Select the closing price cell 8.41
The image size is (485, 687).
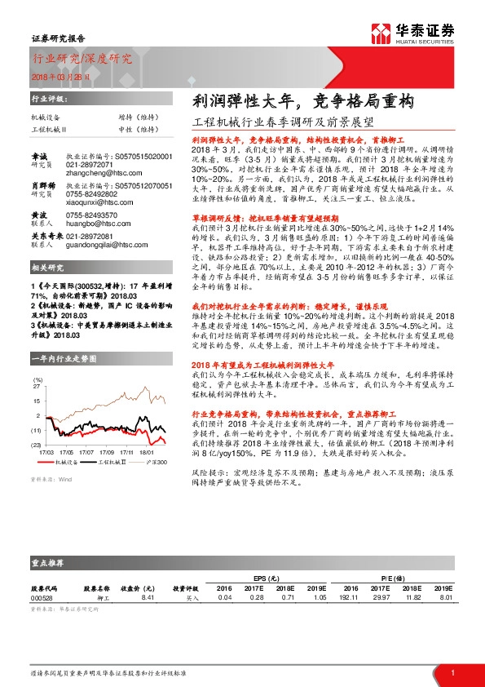[148, 597]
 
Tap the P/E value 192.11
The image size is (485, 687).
[350, 597]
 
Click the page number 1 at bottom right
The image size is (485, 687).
[452, 672]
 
